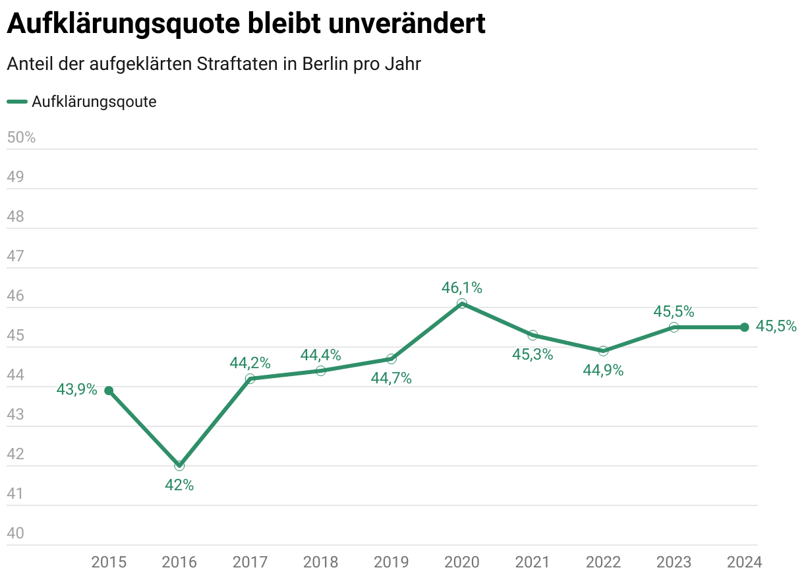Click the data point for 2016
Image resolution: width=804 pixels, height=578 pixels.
179,465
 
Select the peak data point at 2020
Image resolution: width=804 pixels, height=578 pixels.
462,304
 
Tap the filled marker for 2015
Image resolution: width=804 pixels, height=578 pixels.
109,391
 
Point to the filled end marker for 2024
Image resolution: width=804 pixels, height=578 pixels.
745,327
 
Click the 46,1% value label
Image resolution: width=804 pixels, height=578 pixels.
462,288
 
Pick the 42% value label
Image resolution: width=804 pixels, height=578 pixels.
179,485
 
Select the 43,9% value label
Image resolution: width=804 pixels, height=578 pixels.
76,390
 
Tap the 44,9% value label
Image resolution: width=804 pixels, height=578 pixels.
603,370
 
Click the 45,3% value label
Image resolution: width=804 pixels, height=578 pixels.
532,354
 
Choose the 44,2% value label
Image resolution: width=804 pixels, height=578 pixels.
250,362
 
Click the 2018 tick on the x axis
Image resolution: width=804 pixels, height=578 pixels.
320,562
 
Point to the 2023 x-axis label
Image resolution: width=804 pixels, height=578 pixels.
674,562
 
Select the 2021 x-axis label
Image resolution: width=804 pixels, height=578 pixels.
532,562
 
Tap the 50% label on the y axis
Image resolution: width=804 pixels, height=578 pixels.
21,138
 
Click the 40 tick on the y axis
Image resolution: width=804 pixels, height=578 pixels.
15,533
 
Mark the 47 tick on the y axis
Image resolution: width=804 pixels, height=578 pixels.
15,256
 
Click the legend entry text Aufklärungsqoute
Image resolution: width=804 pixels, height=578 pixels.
94,102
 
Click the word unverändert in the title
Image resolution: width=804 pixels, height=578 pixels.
407,24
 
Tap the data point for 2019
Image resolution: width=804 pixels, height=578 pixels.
391,359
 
